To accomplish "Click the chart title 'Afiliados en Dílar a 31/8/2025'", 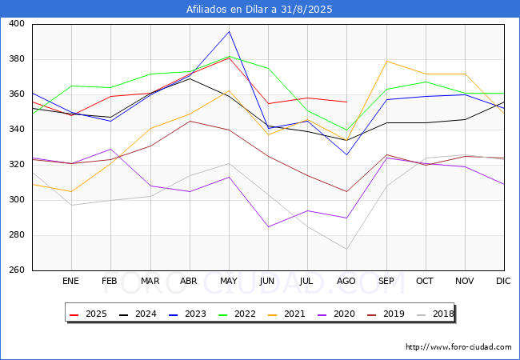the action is coord(259,9).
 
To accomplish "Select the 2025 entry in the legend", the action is coord(88,314).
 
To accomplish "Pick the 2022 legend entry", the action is coord(237,314).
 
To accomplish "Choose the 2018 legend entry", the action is coord(435,314).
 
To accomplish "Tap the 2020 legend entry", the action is coord(336,314).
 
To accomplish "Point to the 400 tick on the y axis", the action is coord(17,23).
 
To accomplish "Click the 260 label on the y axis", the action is coord(17,270).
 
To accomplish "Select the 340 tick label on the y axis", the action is coord(17,130).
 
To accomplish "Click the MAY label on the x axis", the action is coord(229,281).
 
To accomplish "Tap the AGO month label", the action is coord(346,281).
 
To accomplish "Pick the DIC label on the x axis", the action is coord(503,281).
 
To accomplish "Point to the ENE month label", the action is coord(70,281).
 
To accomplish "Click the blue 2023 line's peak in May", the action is coord(229,31).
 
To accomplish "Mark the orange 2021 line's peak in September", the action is coord(386,61).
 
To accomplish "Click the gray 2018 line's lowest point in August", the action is coord(347,249).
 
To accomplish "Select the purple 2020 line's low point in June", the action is coord(268,226).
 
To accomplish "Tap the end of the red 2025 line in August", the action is coord(347,102).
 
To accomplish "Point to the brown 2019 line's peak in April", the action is coord(190,121).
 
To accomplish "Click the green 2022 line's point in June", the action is coord(268,68).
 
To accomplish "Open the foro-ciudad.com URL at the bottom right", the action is coord(458,347).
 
